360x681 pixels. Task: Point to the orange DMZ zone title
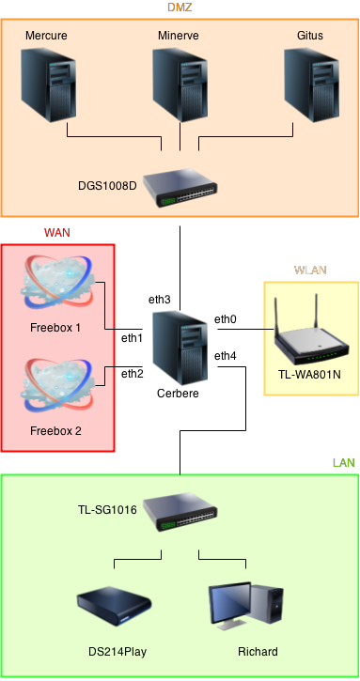click(180, 8)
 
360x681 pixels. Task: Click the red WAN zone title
click(57, 232)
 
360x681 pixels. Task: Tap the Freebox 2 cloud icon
click(56, 386)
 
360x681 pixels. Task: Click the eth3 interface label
click(160, 300)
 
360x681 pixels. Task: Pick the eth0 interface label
click(226, 320)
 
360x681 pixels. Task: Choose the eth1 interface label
click(133, 337)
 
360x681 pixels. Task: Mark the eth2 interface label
click(133, 374)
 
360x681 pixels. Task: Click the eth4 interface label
click(226, 356)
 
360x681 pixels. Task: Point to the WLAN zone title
click(310, 270)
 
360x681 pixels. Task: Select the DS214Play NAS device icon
click(113, 609)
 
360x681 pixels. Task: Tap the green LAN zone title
click(342, 463)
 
